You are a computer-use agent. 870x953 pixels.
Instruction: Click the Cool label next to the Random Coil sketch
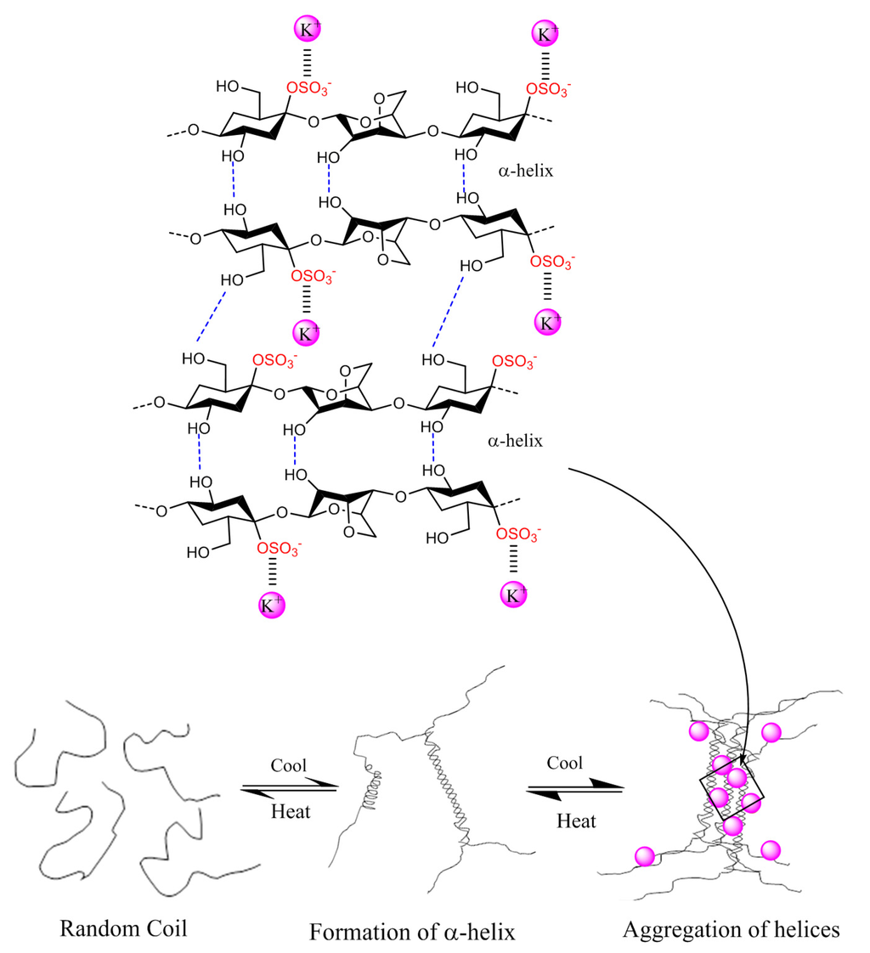point(288,764)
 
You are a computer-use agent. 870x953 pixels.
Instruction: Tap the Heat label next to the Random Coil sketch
point(290,810)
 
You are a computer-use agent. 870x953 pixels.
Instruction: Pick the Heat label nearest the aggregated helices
point(576,821)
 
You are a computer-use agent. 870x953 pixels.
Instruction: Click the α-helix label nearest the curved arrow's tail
point(513,441)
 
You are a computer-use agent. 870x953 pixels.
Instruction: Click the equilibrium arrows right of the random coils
point(289,788)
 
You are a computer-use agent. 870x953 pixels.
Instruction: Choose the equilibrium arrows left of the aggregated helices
point(574,791)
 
